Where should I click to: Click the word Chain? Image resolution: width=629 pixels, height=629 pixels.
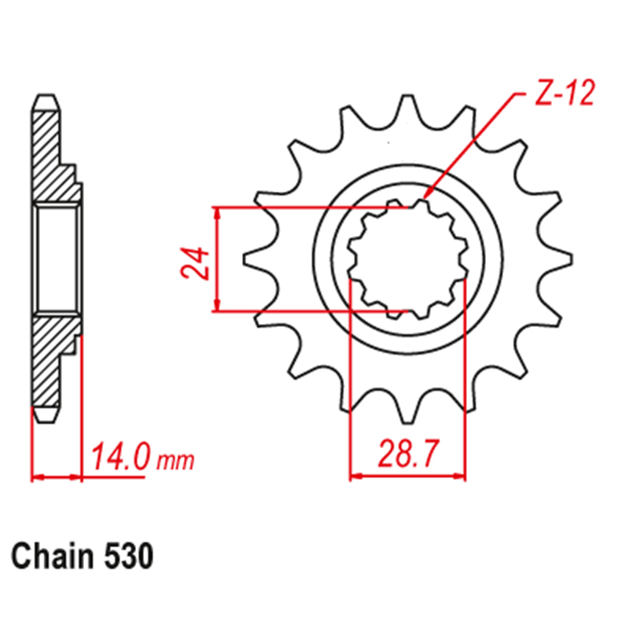point(54,556)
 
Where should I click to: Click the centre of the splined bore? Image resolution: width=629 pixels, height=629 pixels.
point(408,259)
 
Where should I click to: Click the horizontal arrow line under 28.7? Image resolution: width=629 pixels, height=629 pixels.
point(408,476)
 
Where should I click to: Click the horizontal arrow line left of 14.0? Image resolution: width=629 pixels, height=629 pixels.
point(57,476)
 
